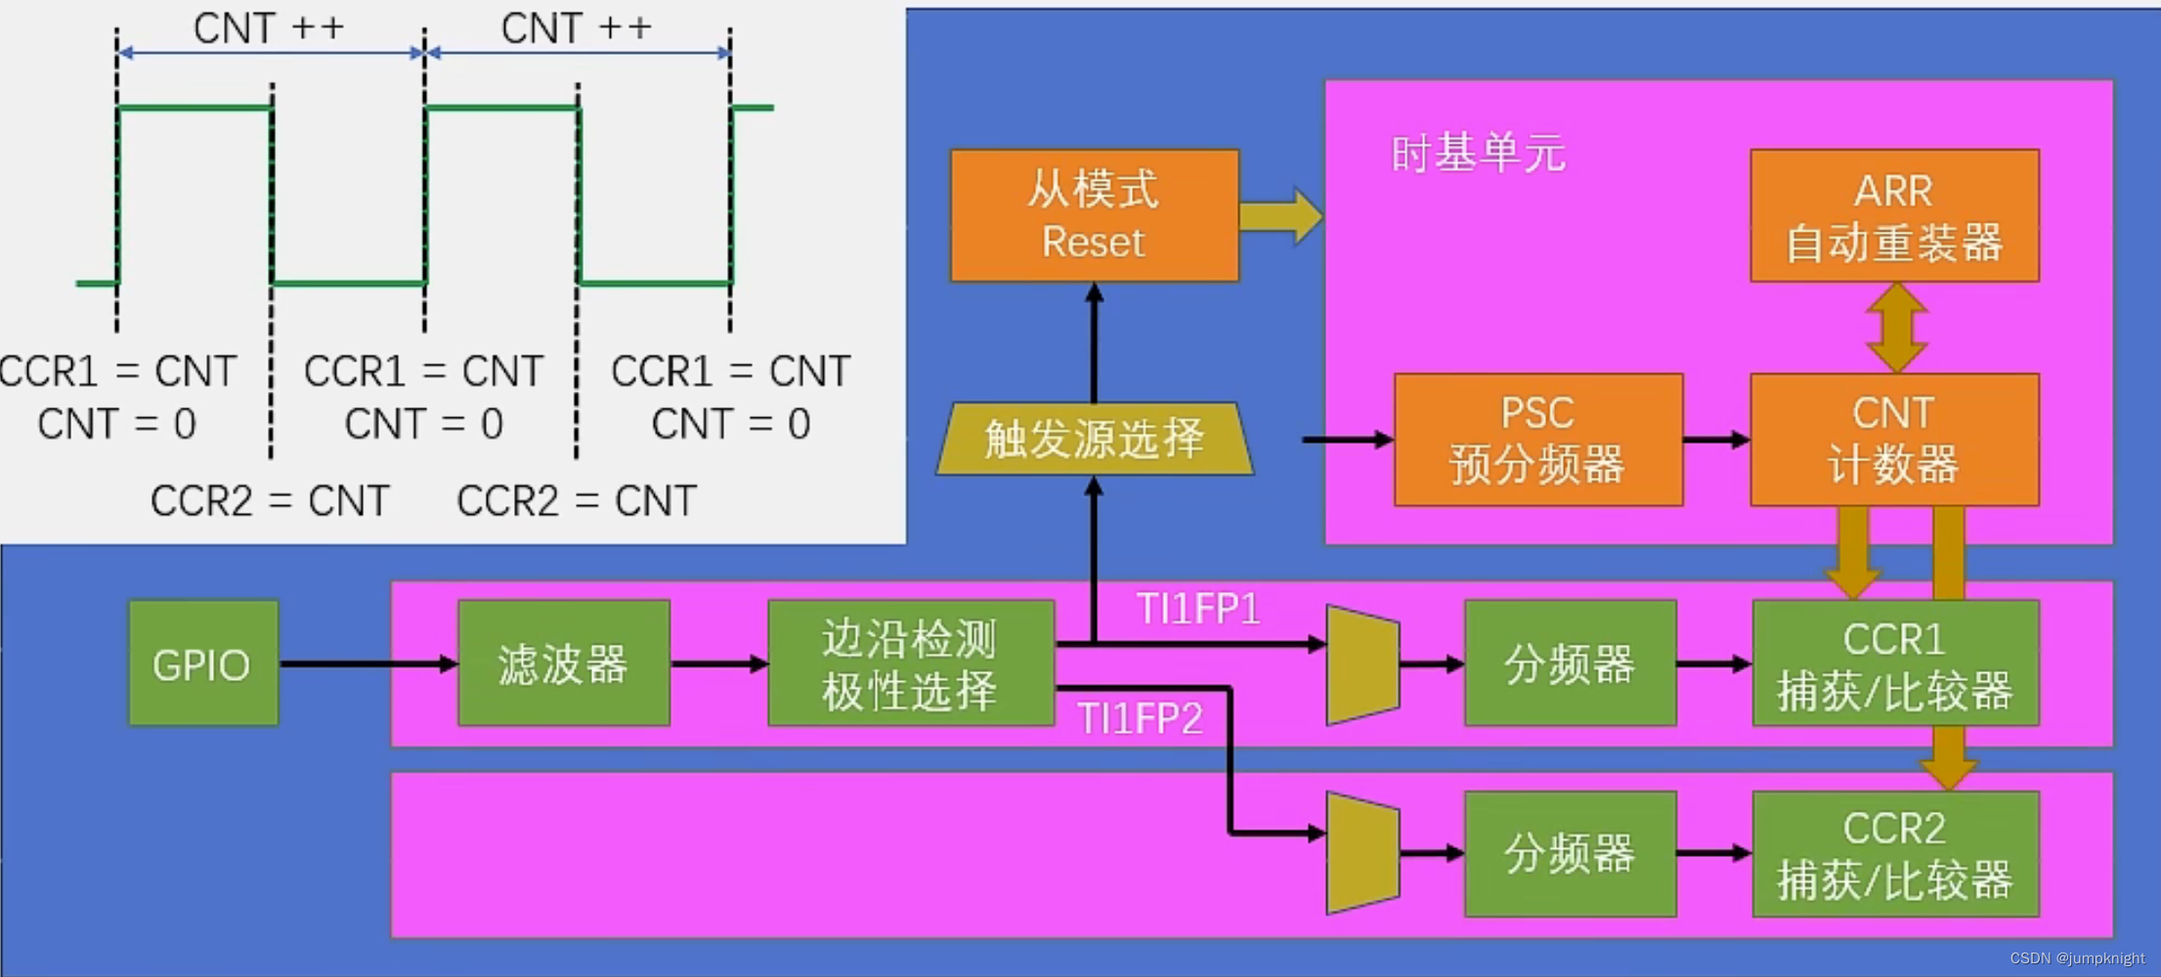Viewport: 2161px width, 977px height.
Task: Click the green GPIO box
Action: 203,663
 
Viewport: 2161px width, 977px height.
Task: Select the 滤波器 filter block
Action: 563,663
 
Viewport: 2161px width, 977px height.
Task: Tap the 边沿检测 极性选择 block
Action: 910,663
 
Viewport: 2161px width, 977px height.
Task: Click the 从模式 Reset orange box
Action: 1094,216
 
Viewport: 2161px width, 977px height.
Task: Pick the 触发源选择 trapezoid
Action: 1094,439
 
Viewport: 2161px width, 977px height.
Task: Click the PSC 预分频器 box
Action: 1537,440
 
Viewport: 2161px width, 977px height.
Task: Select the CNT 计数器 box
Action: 1893,440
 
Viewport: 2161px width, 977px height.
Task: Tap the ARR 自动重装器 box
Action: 1893,216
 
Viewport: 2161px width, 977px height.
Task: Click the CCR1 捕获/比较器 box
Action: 1894,663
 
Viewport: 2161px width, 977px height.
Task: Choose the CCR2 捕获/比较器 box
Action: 1894,854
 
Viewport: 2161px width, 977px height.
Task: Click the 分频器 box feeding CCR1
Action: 1570,663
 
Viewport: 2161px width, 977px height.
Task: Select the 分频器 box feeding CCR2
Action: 1570,854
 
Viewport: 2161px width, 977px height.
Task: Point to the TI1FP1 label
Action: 1198,610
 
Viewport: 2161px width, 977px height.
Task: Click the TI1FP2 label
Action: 1140,720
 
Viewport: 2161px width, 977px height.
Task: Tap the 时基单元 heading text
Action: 1478,154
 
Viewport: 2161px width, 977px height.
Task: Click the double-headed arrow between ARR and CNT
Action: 1896,327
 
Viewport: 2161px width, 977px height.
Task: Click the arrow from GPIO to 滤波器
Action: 367,664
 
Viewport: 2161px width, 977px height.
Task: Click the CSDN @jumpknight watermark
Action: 2077,958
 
